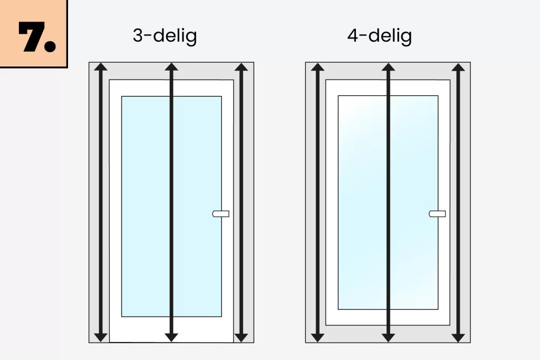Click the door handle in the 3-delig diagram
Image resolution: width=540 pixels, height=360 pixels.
221,213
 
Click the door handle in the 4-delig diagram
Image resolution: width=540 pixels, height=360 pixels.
437,213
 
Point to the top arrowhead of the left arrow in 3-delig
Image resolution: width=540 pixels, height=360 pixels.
101,67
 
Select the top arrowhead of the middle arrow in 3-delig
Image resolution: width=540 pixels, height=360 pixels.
171,67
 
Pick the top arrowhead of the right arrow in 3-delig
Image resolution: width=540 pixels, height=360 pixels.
241,67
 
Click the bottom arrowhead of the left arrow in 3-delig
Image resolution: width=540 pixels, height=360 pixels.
101,338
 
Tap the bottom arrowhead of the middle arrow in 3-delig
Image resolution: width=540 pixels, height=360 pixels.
171,338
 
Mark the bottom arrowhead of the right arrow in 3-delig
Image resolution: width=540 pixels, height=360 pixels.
241,338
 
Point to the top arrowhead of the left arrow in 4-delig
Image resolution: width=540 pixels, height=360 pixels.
317,67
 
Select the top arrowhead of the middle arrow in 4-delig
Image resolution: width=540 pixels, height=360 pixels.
388,67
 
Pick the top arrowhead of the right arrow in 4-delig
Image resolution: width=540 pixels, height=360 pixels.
458,67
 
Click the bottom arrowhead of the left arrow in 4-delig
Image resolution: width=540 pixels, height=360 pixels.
317,338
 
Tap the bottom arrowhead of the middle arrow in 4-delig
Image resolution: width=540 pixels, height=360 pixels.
388,338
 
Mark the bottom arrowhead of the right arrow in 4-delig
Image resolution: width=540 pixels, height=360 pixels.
458,338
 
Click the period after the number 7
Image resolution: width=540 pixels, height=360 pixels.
50,46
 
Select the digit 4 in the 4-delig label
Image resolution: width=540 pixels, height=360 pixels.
353,35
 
